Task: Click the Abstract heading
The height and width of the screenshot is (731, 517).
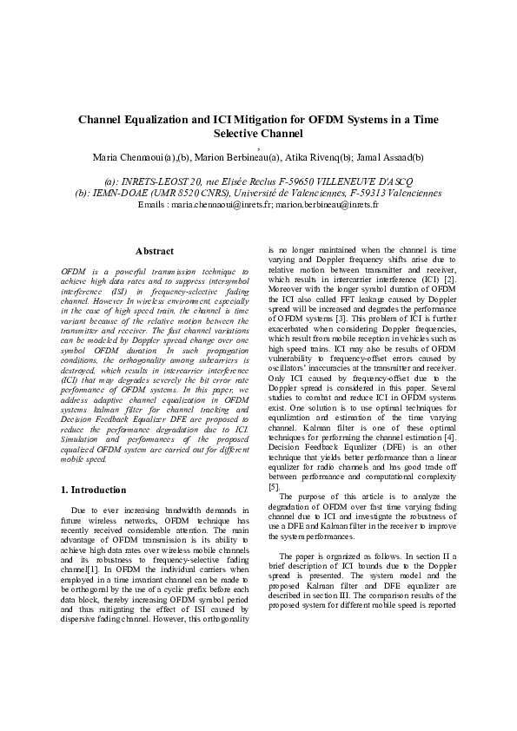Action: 155,251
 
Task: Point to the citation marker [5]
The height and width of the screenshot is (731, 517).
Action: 274,487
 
